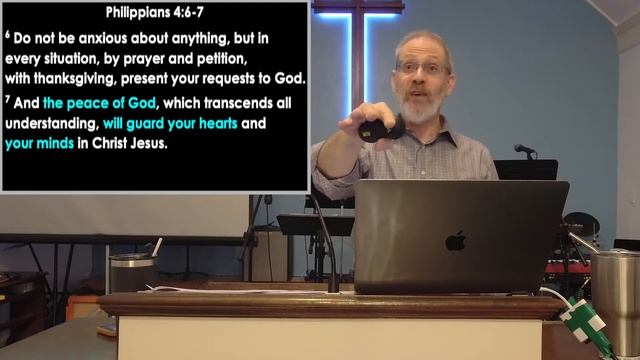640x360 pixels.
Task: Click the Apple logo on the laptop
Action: coord(455,241)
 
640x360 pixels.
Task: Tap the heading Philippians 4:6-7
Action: coord(157,13)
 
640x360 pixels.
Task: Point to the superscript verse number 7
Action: coord(8,102)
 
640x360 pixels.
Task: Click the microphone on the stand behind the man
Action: coord(524,150)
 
